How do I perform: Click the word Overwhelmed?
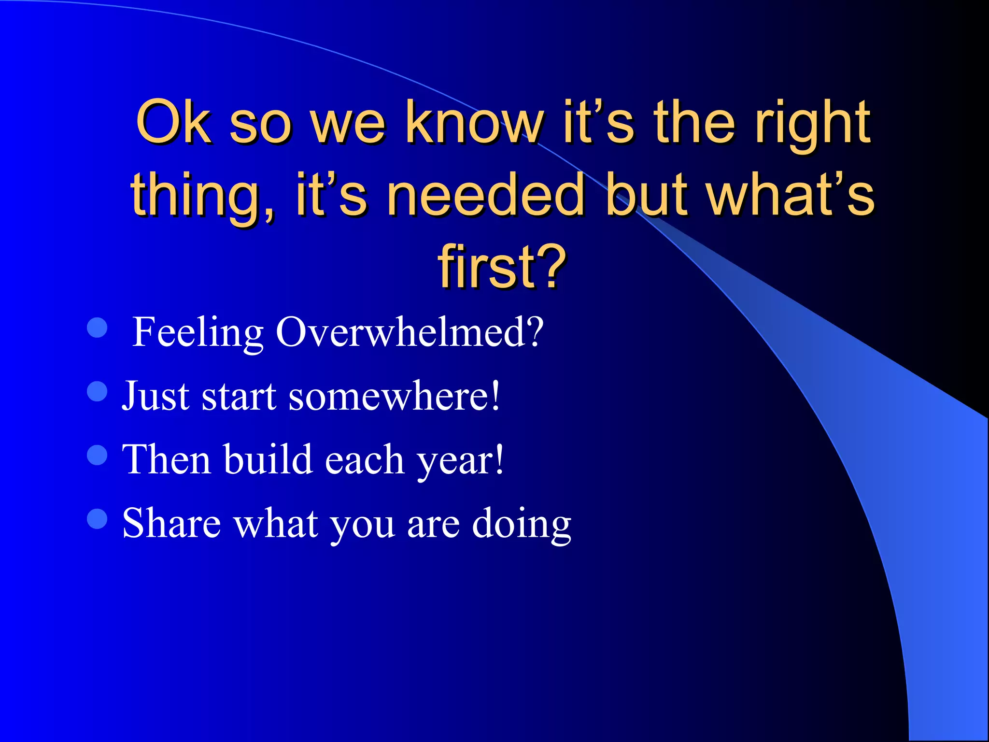tap(410, 332)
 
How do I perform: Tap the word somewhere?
tap(394, 396)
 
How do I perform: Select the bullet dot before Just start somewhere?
tap(97, 391)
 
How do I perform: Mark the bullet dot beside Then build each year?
tap(97, 455)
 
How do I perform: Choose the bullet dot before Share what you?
tap(97, 519)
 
